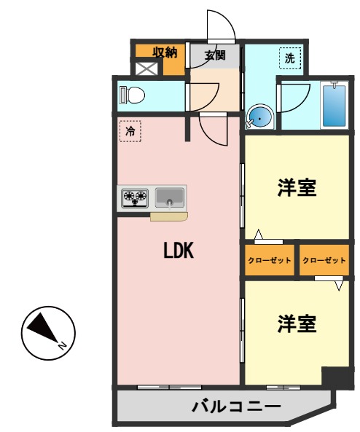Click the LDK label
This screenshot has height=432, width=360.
pyautogui.click(x=177, y=251)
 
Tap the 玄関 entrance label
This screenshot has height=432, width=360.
pyautogui.click(x=214, y=54)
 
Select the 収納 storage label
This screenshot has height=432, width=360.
pyautogui.click(x=165, y=52)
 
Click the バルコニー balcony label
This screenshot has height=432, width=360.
pyautogui.click(x=235, y=406)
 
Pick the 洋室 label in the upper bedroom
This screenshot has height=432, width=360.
pyautogui.click(x=297, y=188)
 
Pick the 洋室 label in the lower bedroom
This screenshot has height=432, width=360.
pyautogui.click(x=297, y=324)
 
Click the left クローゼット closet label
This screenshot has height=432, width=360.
pyautogui.click(x=270, y=260)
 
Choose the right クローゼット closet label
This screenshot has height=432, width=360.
pyautogui.click(x=324, y=260)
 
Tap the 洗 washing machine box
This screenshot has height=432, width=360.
pyautogui.click(x=289, y=58)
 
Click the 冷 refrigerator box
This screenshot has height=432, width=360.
pyautogui.click(x=130, y=132)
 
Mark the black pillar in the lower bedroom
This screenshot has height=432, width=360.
pyautogui.click(x=336, y=377)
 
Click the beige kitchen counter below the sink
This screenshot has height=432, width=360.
pyautogui.click(x=170, y=216)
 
